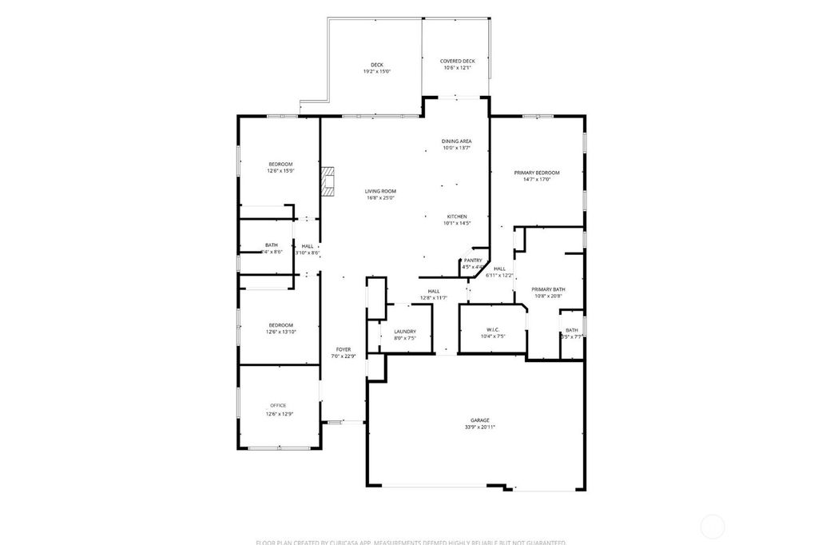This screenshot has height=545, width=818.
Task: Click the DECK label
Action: tap(376, 65)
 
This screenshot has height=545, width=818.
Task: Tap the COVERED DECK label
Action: tap(458, 61)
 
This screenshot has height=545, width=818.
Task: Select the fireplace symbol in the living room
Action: tap(328, 181)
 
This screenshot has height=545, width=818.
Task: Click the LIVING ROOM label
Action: tap(380, 191)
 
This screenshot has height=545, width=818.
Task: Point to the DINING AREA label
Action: tap(456, 141)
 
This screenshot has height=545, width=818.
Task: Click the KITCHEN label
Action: tap(456, 217)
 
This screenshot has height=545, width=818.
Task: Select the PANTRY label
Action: tap(472, 260)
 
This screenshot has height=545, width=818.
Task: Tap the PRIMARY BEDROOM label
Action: tap(536, 173)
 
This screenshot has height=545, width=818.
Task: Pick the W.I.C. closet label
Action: tap(492, 330)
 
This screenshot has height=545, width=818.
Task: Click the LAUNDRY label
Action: tap(405, 331)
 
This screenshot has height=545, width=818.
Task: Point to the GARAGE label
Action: tap(479, 420)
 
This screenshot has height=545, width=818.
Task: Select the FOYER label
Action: tap(343, 349)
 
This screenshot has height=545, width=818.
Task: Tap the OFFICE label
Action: tap(277, 405)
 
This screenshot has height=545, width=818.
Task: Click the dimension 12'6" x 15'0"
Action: tap(280, 171)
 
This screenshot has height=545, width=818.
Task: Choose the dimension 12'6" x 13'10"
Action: tap(280, 332)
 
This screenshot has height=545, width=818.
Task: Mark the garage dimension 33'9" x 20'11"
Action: tap(479, 428)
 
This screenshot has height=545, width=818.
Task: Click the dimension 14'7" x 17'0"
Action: tap(536, 180)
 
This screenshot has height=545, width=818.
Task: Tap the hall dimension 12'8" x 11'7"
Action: tap(434, 298)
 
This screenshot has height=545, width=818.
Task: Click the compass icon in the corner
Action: tap(712, 526)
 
